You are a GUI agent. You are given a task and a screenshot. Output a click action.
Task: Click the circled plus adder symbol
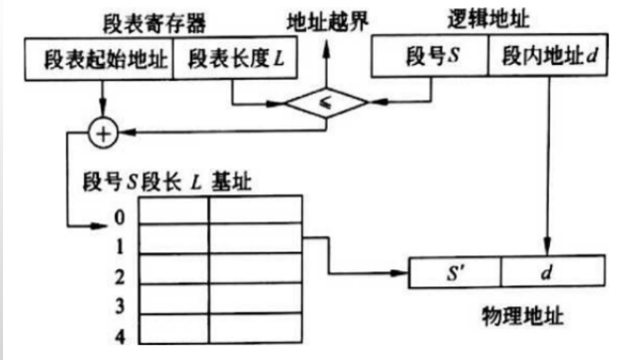point(103,132)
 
